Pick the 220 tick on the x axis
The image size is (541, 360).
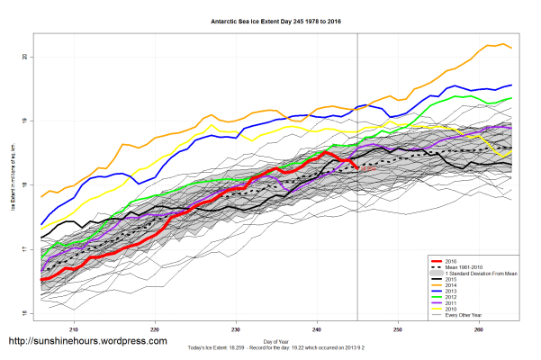coord(155,328)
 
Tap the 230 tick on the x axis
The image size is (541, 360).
coord(236,328)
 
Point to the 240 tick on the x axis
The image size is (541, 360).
coord(317,328)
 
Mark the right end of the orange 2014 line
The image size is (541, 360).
coord(511,48)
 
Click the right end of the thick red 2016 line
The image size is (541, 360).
coord(358,166)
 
